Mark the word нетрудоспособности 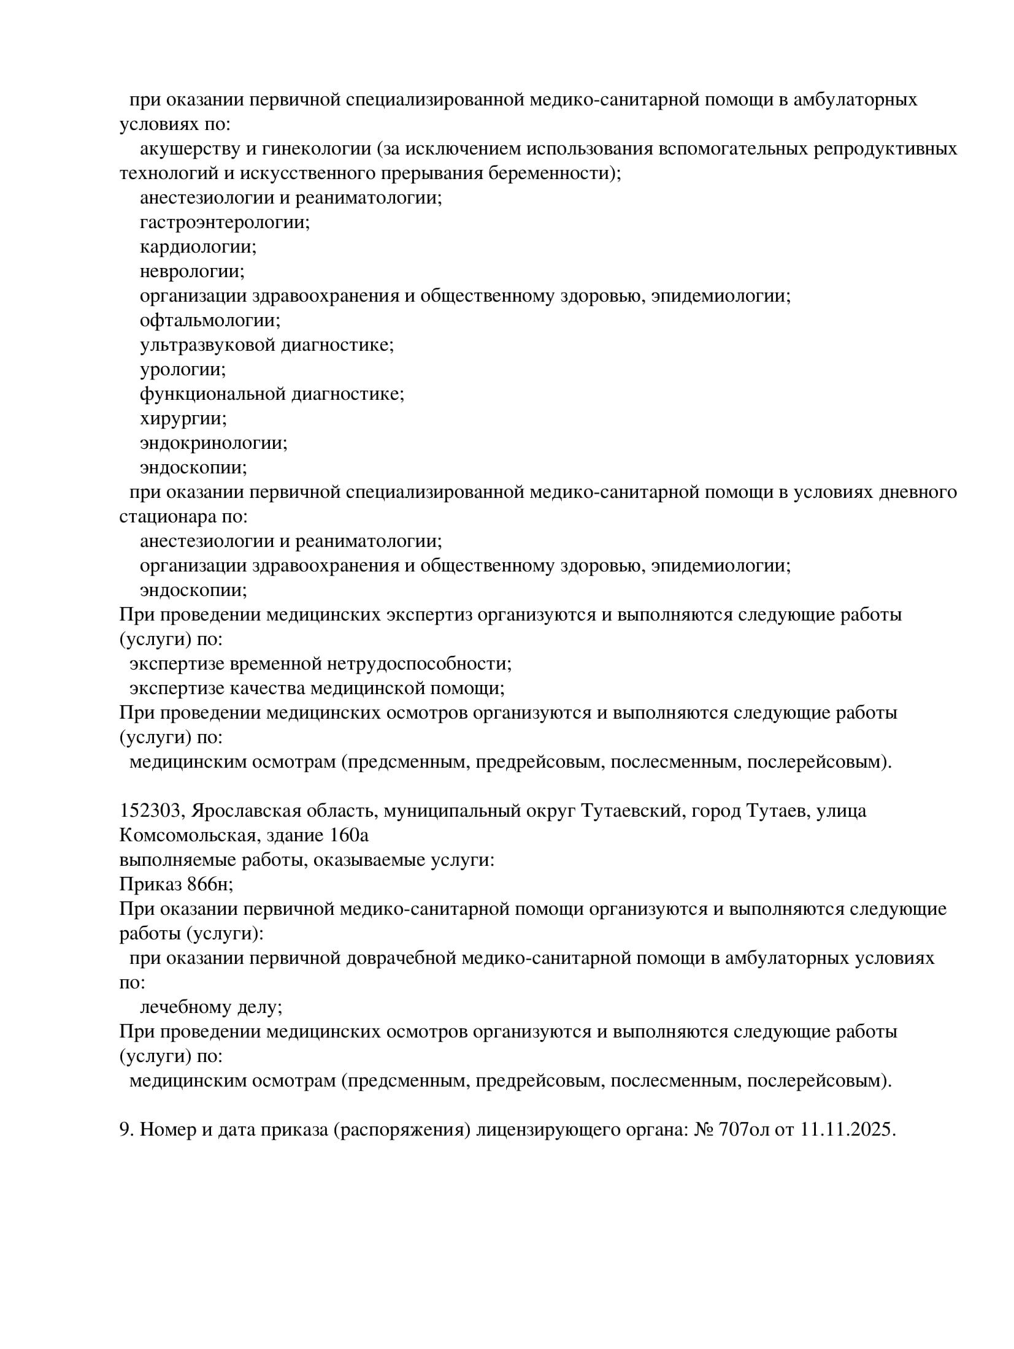[420, 663]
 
